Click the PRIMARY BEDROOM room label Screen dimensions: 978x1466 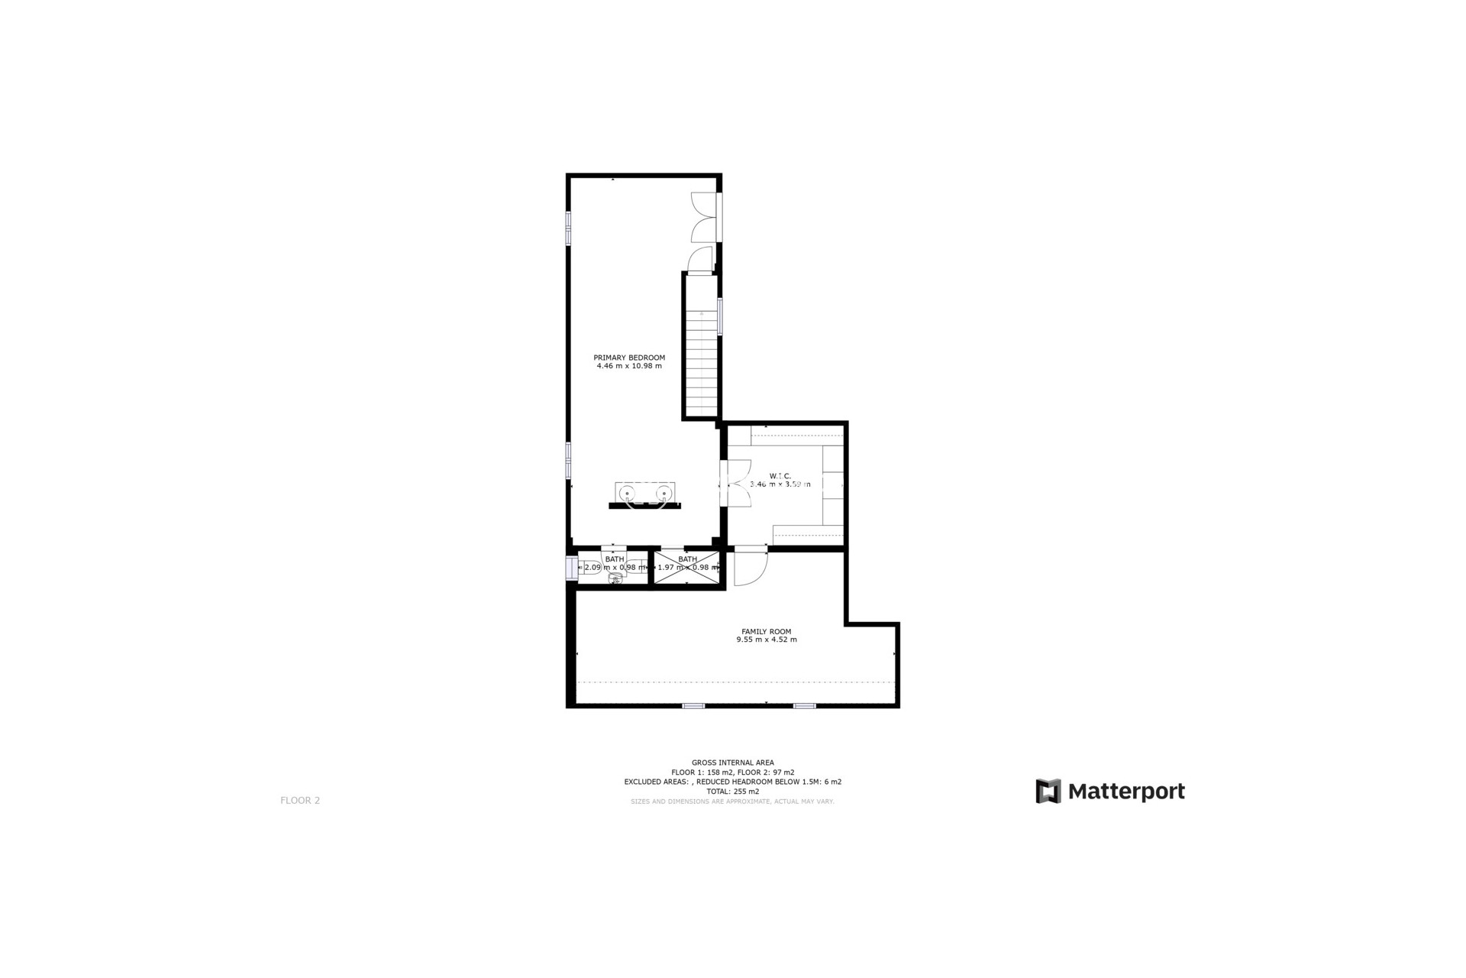click(629, 358)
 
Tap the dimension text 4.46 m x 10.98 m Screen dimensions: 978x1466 click(629, 366)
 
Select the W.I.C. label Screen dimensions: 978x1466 click(780, 476)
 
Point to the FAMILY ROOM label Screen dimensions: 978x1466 click(766, 631)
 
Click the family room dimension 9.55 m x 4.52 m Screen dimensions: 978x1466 click(766, 640)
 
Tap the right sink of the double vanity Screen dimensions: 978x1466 click(664, 493)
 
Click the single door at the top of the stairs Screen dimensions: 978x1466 click(700, 260)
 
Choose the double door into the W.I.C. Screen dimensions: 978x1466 click(737, 483)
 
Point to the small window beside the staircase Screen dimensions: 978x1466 click(720, 316)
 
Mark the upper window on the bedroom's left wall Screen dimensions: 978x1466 click(568, 228)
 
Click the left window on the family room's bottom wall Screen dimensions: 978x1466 click(693, 706)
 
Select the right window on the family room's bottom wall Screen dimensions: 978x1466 click(804, 706)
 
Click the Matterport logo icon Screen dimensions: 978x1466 click(1048, 791)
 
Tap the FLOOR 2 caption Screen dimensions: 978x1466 click(300, 800)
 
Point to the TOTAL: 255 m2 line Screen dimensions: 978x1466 click(732, 792)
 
